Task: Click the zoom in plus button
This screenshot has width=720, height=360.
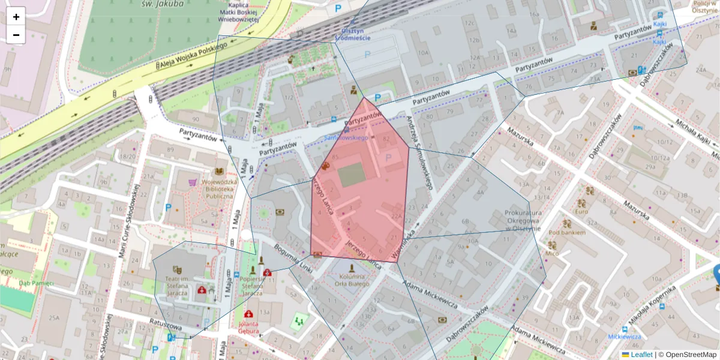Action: tap(16, 17)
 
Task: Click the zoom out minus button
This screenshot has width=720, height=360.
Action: tap(16, 35)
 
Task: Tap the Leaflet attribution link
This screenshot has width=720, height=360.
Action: tap(641, 355)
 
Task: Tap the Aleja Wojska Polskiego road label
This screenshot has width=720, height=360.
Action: tap(192, 55)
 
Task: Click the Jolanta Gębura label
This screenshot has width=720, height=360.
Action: tap(248, 327)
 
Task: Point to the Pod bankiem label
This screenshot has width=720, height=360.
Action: tap(562, 232)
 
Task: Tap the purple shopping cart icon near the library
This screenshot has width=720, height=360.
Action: tap(193, 182)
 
